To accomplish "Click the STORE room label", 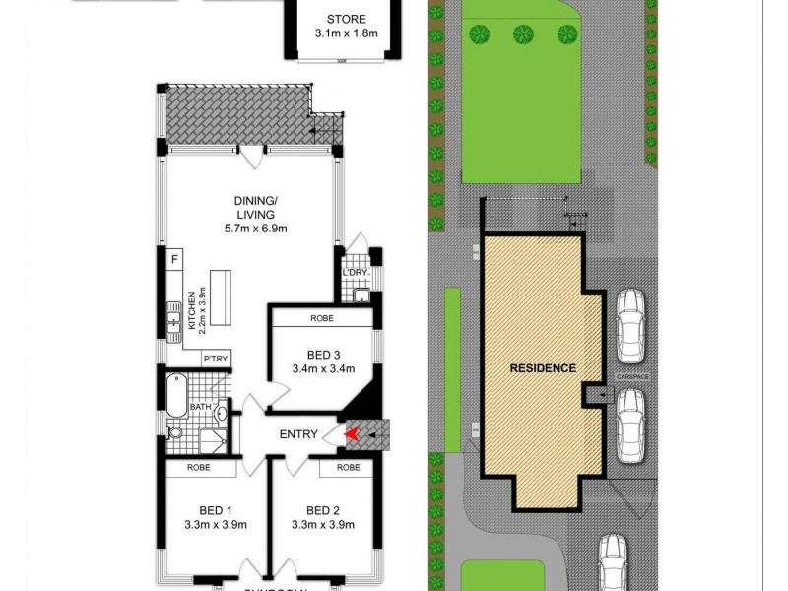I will (x=346, y=19).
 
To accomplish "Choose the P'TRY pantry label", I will (x=216, y=360).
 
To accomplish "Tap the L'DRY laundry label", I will (x=355, y=273).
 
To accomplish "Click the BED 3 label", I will (x=322, y=356).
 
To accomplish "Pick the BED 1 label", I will (x=214, y=509).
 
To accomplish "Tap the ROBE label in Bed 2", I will (x=347, y=468).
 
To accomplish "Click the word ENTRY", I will (x=298, y=434).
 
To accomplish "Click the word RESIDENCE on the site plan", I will (x=543, y=368).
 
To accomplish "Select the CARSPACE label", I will (x=630, y=376).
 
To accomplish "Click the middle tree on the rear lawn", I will (x=522, y=33).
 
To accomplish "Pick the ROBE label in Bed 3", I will (x=321, y=318).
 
